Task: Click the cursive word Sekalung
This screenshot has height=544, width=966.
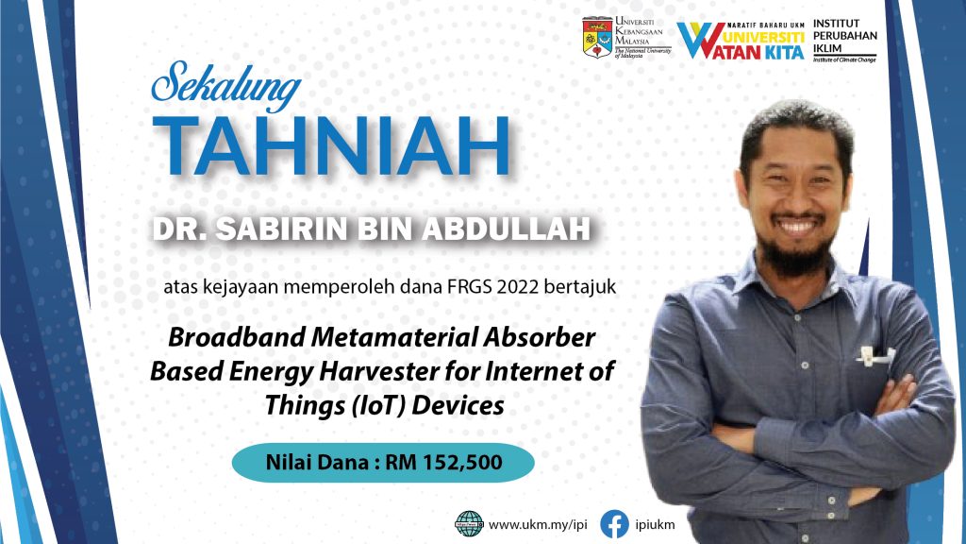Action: [x=226, y=85]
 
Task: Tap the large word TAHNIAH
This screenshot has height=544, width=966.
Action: [x=331, y=146]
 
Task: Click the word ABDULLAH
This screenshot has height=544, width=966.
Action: [x=506, y=229]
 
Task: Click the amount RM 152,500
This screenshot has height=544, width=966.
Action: [x=443, y=462]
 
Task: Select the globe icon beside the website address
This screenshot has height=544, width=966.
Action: [x=470, y=524]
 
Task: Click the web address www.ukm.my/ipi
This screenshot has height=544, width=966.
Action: [x=538, y=525]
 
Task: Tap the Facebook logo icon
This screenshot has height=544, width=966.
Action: [x=614, y=524]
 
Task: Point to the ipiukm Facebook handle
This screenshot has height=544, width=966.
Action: [x=655, y=525]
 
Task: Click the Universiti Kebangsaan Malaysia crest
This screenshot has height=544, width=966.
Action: [x=597, y=38]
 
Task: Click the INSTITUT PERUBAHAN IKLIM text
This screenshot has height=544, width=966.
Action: [x=844, y=36]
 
